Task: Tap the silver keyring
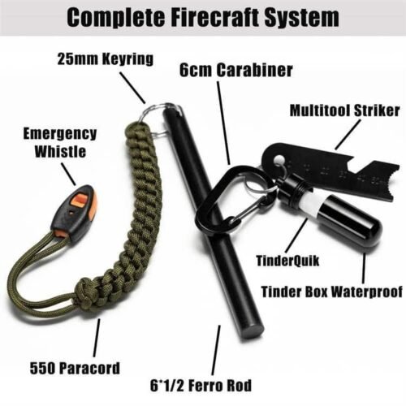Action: (159, 114)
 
